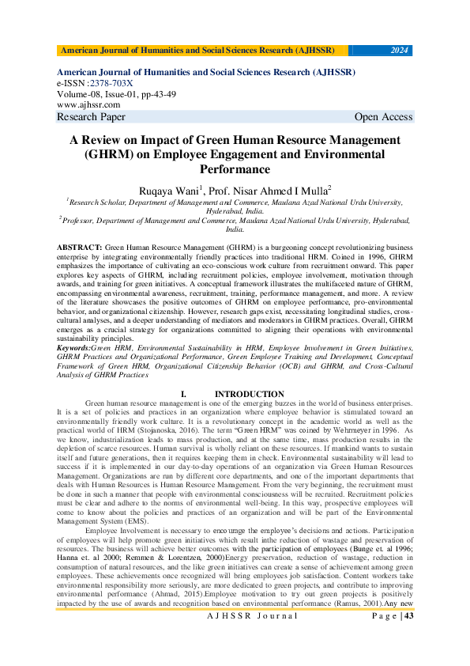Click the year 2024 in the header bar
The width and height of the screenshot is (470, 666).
pos(400,51)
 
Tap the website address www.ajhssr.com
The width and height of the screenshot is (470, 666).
pos(88,104)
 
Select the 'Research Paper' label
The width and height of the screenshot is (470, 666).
pos(91,117)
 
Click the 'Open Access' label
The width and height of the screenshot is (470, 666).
pos(383,117)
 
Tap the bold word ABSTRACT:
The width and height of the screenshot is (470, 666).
pos(79,248)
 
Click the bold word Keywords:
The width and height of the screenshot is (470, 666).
pos(73,347)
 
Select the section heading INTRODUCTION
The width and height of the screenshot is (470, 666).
pos(250,394)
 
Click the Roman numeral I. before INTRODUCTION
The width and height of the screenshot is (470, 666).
pos(183,394)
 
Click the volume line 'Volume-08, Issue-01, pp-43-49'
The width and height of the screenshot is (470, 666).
pos(117,94)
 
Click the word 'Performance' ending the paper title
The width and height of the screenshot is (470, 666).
pos(235,168)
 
